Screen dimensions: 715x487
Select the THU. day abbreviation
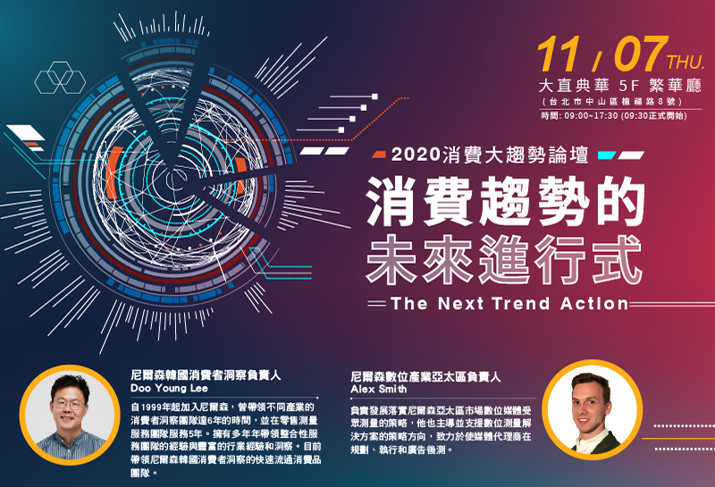click(686, 63)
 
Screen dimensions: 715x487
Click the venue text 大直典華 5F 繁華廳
click(619, 85)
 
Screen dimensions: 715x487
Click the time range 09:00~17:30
click(591, 116)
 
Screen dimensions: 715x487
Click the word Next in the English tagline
click(460, 303)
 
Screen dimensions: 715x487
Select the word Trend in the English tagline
click(521, 303)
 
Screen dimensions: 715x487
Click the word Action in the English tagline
click(594, 303)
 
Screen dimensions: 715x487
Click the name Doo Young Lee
click(169, 389)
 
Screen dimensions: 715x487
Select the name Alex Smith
click(378, 390)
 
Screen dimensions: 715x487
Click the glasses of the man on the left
click(69, 404)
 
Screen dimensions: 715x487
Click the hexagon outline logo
click(60, 78)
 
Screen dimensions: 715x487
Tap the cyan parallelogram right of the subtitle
click(607, 155)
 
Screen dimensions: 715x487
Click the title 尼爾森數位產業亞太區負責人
click(425, 377)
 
